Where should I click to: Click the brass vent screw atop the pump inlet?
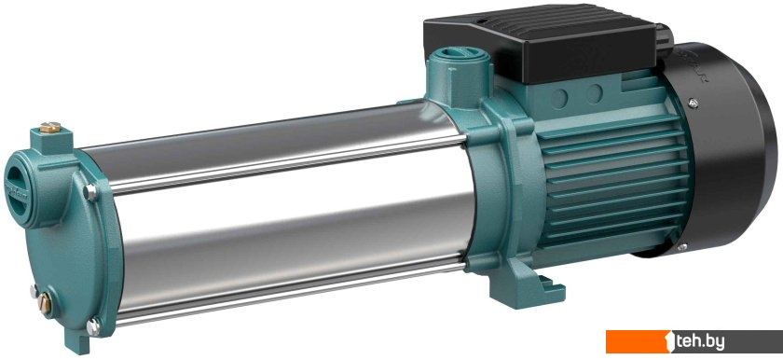click(x=50, y=127)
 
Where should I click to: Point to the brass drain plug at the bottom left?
click(x=44, y=303)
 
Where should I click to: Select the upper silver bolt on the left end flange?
click(x=90, y=192)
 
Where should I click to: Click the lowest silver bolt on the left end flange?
click(x=93, y=327)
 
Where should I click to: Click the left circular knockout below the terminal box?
click(x=558, y=98)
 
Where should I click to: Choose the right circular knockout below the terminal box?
click(x=595, y=93)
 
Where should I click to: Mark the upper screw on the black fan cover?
click(x=693, y=103)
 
